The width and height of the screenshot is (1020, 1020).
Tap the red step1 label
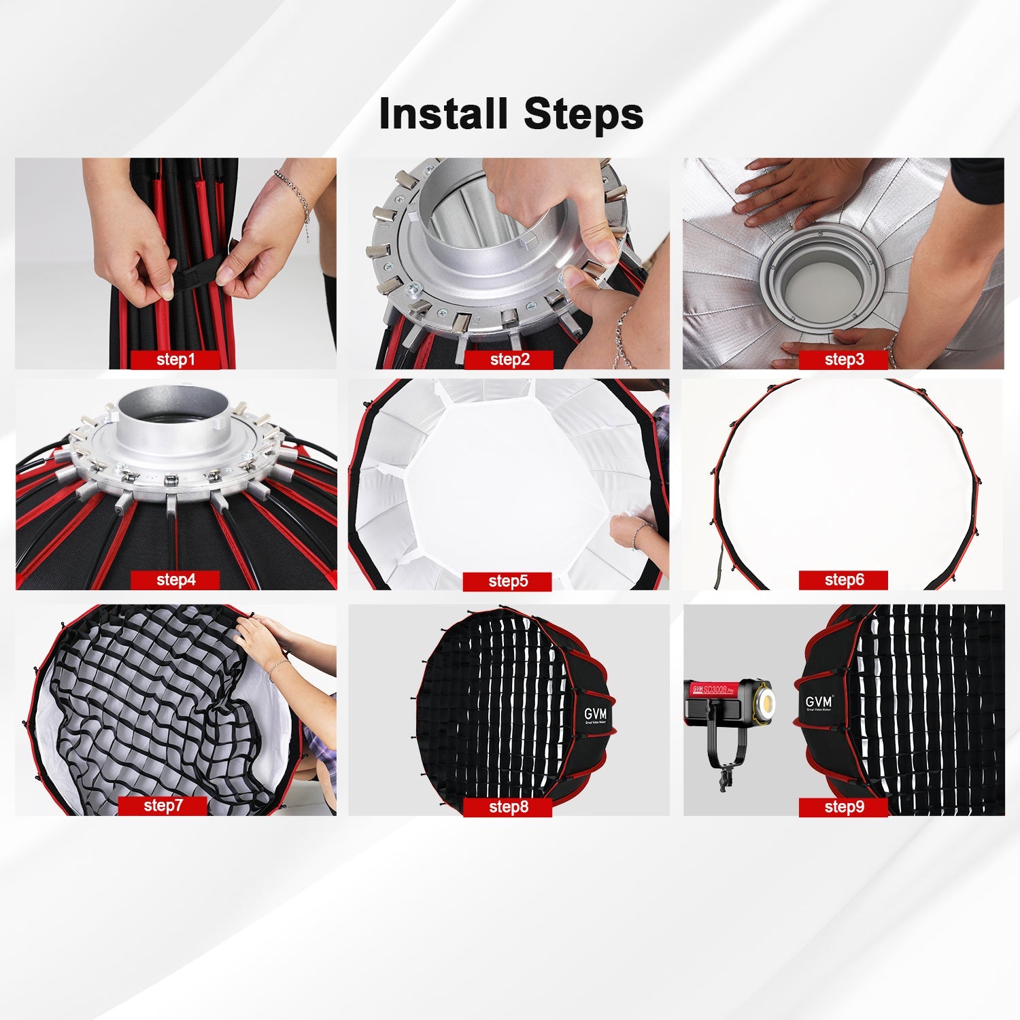(x=175, y=360)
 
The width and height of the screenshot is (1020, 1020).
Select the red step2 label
(x=509, y=360)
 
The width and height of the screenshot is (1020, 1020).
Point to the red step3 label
(x=843, y=360)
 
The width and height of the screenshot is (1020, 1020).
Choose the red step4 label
(x=175, y=580)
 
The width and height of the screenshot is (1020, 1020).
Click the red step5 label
(x=507, y=581)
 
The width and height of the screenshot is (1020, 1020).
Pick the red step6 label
(x=843, y=580)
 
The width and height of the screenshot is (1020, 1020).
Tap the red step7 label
(x=163, y=806)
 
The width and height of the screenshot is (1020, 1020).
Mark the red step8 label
(x=507, y=807)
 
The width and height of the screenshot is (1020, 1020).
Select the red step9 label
(x=843, y=807)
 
